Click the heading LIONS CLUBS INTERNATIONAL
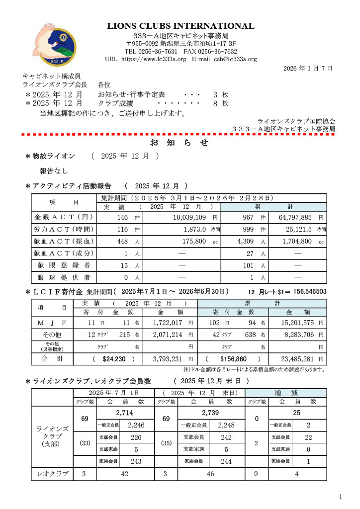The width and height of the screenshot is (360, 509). (180, 26)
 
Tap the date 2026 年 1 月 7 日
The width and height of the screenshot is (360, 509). (308, 68)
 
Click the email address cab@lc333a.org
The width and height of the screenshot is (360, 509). (235, 59)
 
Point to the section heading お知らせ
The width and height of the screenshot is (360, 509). (180, 143)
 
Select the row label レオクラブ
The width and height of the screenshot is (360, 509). (51, 474)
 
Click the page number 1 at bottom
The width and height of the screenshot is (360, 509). (341, 497)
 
